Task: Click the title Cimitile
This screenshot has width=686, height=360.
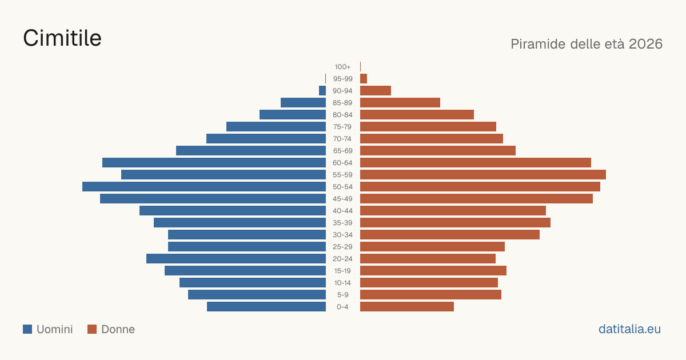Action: tap(62, 38)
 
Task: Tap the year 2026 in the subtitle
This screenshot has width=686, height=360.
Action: tap(645, 44)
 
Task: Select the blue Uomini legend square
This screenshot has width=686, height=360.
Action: tap(27, 329)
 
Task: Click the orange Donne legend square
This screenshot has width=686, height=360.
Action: tap(92, 329)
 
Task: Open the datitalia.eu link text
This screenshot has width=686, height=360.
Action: tap(629, 329)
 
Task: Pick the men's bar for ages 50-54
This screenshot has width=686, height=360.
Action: tap(204, 187)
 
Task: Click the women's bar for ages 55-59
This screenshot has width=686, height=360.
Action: tap(483, 175)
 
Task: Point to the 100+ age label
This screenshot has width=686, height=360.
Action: tap(342, 67)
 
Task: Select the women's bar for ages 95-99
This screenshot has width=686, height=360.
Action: tap(364, 79)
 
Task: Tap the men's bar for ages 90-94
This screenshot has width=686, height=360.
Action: tap(322, 91)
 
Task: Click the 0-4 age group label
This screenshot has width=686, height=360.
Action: tap(342, 307)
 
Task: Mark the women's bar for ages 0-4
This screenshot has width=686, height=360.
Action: tap(407, 307)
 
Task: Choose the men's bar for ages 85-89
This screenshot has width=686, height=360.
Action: tap(303, 102)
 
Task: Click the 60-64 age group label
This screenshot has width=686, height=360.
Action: tap(342, 163)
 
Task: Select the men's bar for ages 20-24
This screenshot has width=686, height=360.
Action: tap(236, 259)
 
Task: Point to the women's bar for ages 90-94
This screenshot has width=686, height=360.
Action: tap(376, 91)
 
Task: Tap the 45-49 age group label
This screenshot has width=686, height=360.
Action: tap(342, 199)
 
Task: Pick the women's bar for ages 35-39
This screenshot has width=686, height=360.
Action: tap(455, 222)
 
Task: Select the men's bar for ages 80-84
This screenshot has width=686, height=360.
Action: tap(293, 115)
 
